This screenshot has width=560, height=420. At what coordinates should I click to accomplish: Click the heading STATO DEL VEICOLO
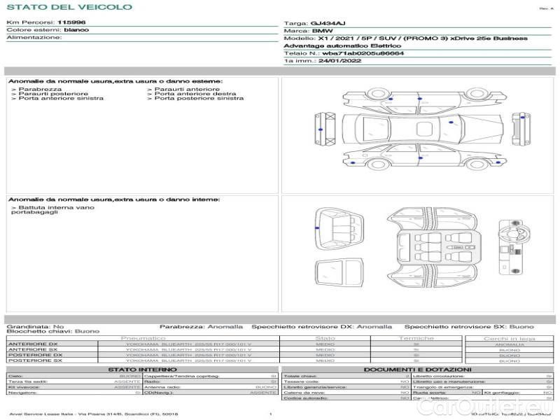pos(69,7)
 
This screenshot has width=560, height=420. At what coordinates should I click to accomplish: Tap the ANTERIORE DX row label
pos(33,344)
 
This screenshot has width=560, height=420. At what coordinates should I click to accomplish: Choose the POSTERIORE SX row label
pos(34,361)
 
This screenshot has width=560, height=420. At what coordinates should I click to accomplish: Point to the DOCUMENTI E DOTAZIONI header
pos(417,370)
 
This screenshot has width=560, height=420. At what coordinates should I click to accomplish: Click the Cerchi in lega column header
pos(509,339)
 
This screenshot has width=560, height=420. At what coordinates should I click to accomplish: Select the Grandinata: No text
pos(35,326)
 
